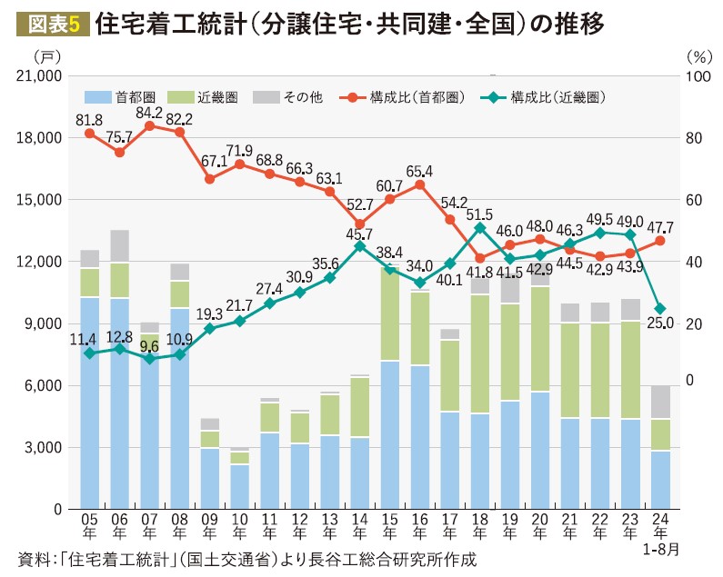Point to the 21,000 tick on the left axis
tap(38, 76)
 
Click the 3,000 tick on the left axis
tap(43, 447)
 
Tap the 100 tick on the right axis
tap(697, 76)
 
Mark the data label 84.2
tap(149, 113)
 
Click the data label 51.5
tap(479, 214)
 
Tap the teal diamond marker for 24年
tap(660, 309)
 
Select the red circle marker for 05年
tap(90, 134)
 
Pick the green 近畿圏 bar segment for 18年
tap(479, 354)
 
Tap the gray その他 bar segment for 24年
tap(660, 402)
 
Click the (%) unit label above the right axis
tap(698, 55)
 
